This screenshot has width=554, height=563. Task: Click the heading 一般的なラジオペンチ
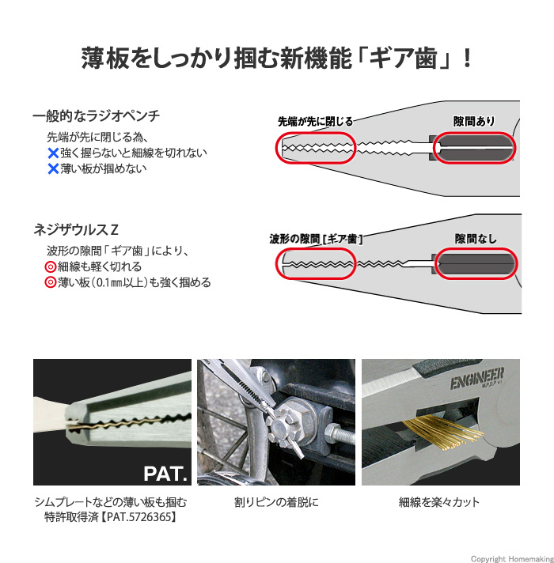pos(97,116)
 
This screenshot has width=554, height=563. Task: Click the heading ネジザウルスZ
pos(76,230)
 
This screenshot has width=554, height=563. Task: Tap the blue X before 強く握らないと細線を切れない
pos(53,153)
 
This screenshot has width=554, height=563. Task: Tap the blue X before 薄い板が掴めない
pos(53,168)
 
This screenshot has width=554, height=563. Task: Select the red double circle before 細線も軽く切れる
pos(50,266)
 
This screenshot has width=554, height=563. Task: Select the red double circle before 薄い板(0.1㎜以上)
pos(50,282)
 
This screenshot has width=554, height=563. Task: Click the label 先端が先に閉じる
pos(316,121)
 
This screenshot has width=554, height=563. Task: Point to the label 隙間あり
pos(474,121)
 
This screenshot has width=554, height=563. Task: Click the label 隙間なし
pos(476,239)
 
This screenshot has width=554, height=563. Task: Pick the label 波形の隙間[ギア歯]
pos(316,239)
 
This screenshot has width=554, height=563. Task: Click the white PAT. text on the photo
pos(165,474)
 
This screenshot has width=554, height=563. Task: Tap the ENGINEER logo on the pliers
pos(477,378)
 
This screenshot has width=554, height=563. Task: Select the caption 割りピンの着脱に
pos(276,502)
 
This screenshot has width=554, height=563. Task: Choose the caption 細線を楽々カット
pos(439,502)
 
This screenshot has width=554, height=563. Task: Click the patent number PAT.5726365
pos(138,517)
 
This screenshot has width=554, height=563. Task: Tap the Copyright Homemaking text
pos(512,559)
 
